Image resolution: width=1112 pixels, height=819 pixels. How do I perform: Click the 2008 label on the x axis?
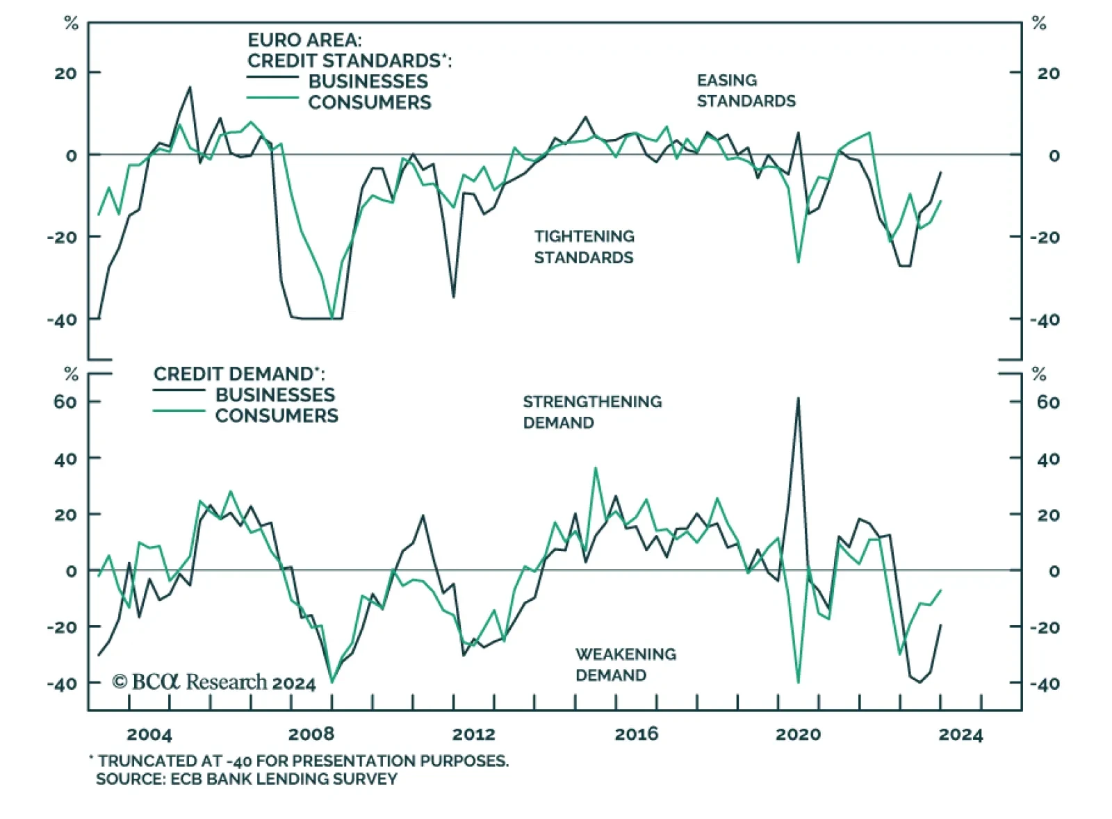[x=311, y=734]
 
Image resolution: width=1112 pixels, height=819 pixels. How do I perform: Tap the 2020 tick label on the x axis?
[x=798, y=734]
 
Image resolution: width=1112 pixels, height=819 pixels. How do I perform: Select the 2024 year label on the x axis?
[x=960, y=734]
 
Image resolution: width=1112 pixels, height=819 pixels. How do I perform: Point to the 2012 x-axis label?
[x=474, y=734]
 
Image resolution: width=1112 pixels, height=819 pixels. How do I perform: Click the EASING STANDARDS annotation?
[x=746, y=91]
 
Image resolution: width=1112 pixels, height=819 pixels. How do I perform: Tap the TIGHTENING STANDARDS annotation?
[x=584, y=247]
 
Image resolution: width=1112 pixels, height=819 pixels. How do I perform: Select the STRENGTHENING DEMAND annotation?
[x=592, y=412]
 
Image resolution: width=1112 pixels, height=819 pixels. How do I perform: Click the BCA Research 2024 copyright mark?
[x=214, y=682]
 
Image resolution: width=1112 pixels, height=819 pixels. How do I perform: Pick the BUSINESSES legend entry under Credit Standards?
[x=368, y=81]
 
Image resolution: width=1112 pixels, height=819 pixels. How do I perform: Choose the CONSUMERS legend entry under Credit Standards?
[x=369, y=102]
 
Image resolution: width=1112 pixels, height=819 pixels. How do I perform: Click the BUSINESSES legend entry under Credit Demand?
[x=275, y=395]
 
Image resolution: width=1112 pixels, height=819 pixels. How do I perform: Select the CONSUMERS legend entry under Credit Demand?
[x=276, y=415]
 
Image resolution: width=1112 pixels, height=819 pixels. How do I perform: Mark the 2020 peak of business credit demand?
[x=798, y=399]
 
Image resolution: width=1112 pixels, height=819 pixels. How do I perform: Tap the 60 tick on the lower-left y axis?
[x=65, y=402]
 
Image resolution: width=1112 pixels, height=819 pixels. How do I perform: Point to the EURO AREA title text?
[x=304, y=40]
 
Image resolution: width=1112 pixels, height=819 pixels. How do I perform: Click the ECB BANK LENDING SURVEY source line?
[x=247, y=779]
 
